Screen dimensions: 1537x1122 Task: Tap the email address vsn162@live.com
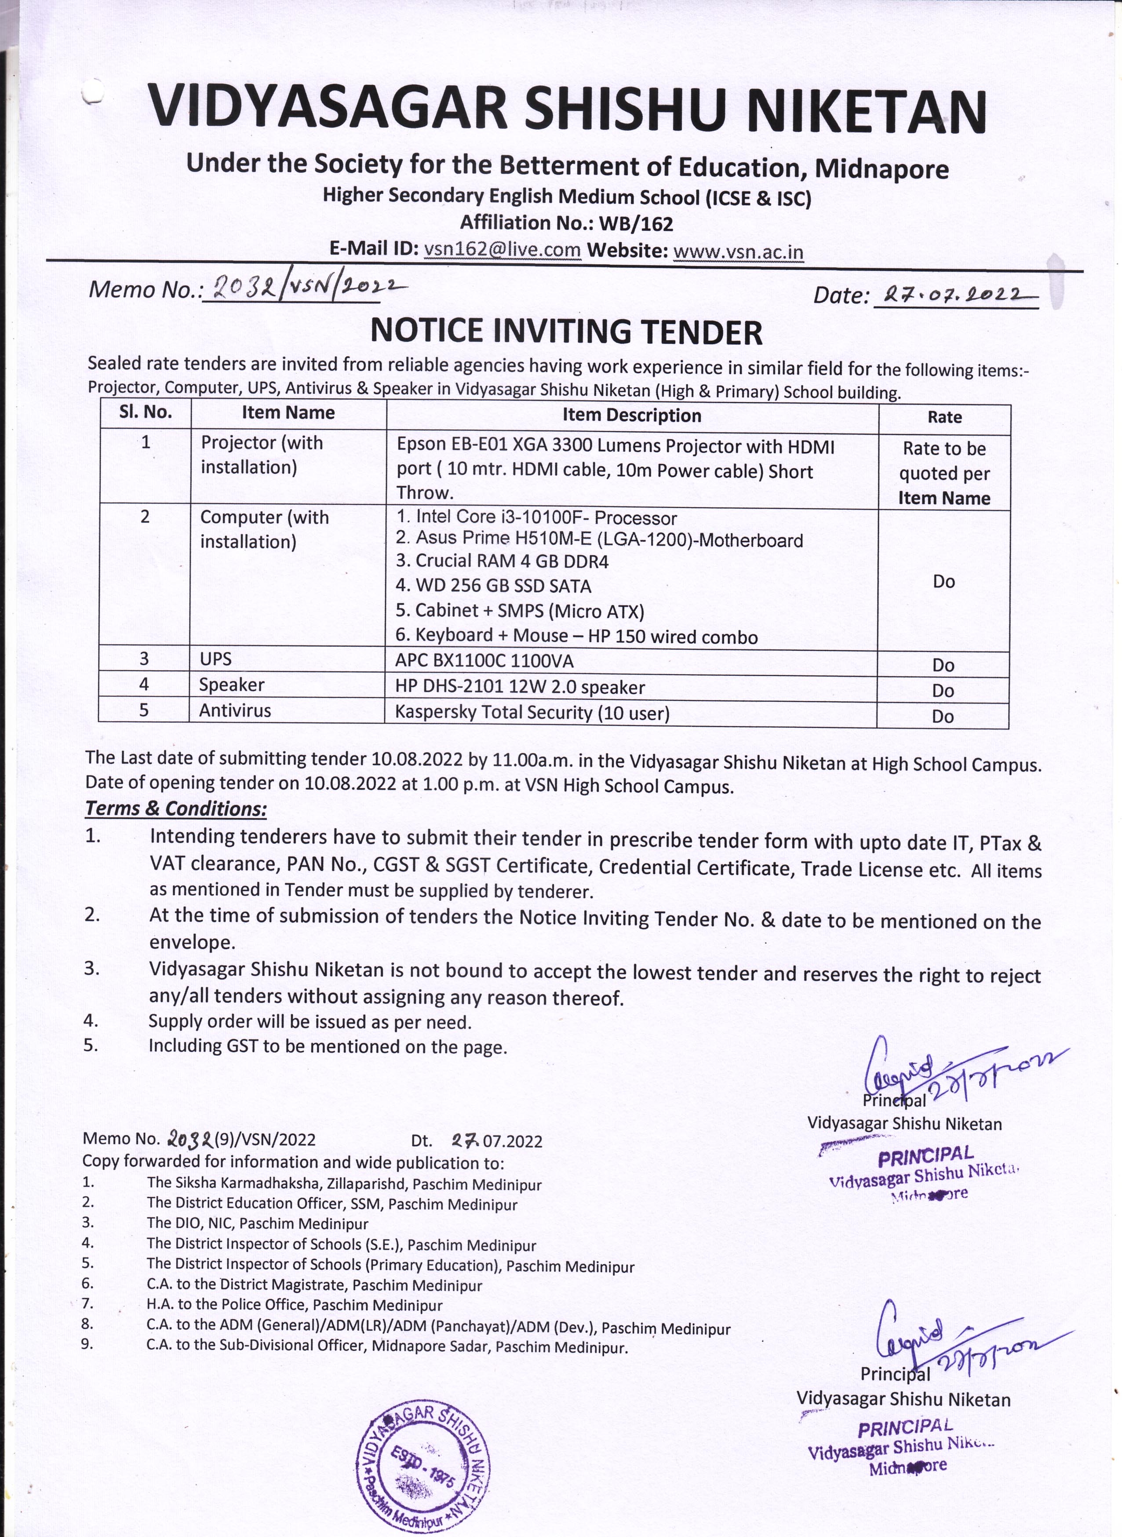pos(502,249)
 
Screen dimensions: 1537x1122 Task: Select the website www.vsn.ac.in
pos(738,252)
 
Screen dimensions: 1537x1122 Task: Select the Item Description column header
pos(632,415)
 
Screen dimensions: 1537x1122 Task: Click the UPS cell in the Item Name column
pos(216,659)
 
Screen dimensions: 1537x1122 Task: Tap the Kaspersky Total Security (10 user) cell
pos(532,713)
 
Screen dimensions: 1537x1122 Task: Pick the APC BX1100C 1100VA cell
pos(484,660)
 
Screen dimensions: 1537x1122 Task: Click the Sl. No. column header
pos(146,412)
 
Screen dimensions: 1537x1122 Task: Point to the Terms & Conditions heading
pos(176,809)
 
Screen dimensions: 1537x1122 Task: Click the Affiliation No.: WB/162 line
pos(566,223)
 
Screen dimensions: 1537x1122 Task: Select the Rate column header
pos(944,417)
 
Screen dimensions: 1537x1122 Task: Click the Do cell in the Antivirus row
pos(943,717)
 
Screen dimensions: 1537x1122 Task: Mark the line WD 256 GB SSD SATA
pos(494,586)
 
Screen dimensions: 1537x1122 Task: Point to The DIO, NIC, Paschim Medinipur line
pos(257,1223)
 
